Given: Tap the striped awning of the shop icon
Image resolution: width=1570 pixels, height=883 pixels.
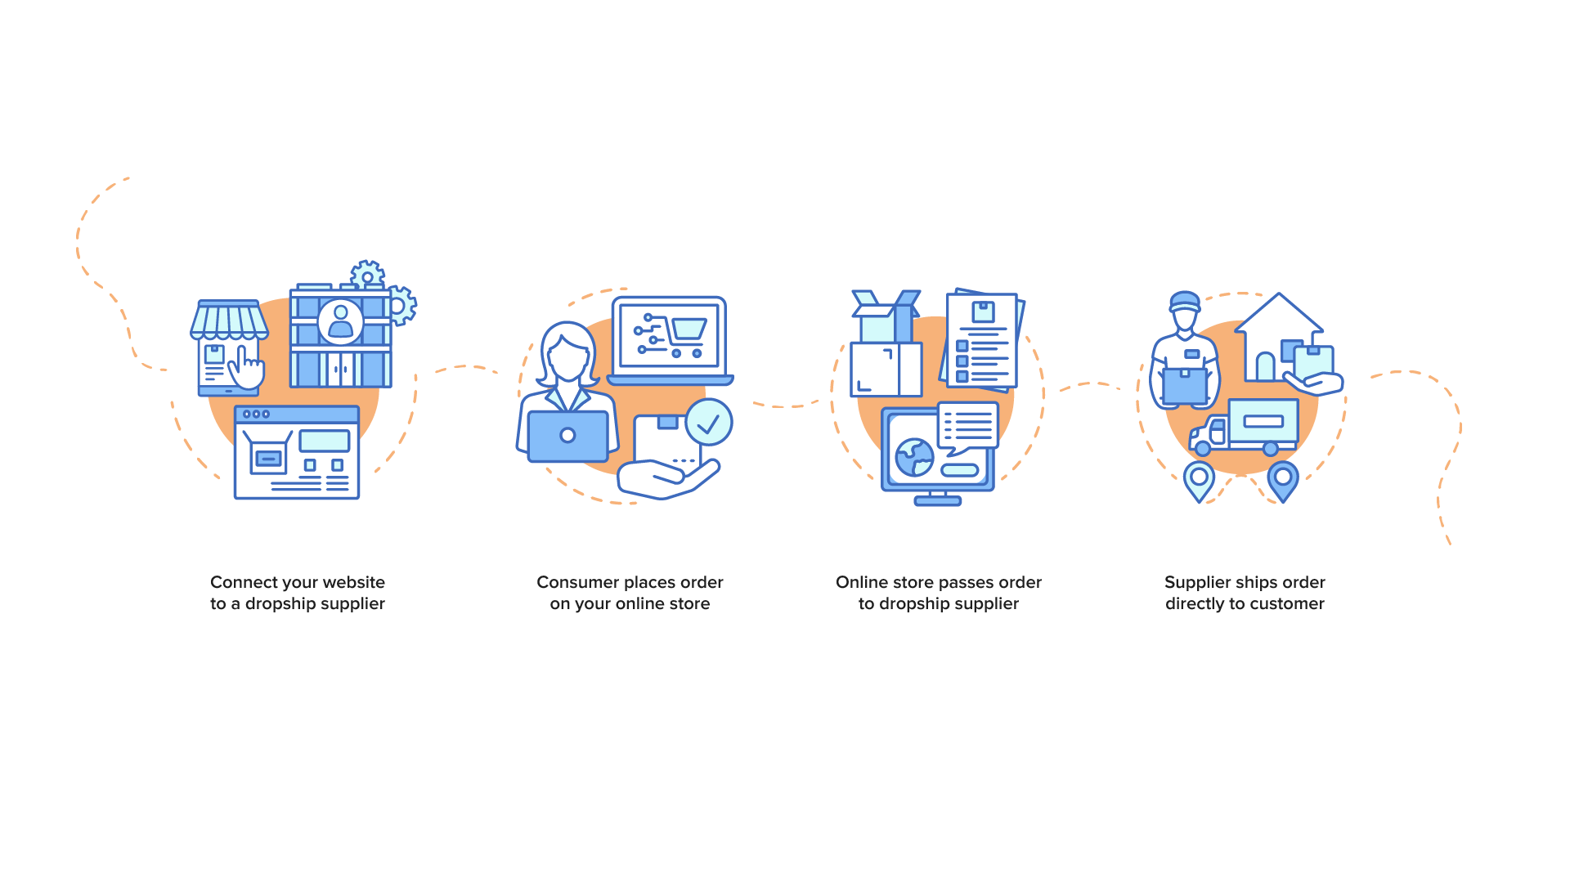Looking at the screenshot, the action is (229, 320).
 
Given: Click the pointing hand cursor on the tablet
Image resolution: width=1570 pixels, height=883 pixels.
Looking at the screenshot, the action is (246, 369).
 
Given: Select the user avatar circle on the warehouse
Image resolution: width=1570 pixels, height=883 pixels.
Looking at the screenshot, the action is (340, 321).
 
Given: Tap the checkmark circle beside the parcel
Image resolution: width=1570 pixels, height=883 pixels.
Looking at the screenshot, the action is (709, 422).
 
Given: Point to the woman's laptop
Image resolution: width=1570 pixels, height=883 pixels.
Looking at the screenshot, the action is (567, 437).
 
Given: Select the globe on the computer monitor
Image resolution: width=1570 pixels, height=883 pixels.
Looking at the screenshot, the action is (914, 457).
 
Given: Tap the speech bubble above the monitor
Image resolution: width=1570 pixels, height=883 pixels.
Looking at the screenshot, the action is (968, 427).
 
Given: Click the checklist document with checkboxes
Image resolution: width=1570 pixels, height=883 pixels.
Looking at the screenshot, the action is (982, 340).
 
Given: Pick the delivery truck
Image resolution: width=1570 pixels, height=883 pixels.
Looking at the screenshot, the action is (1244, 427).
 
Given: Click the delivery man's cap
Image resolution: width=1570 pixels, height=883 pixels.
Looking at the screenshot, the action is (1184, 302).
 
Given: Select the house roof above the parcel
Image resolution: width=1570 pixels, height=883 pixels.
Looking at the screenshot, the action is (1279, 314).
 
